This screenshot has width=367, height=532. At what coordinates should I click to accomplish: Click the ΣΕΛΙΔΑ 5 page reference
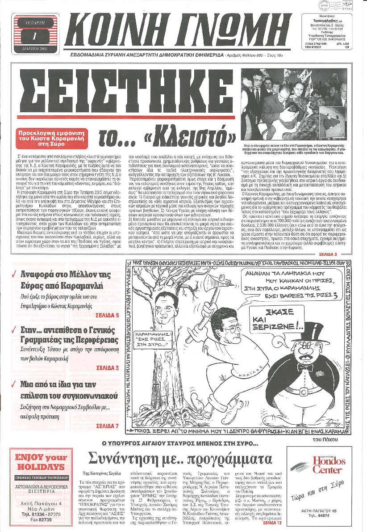pos(107,315)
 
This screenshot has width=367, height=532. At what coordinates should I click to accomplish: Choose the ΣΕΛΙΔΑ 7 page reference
pos(107,425)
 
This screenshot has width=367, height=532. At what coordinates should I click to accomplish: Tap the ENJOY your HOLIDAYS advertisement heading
pos(41,461)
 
